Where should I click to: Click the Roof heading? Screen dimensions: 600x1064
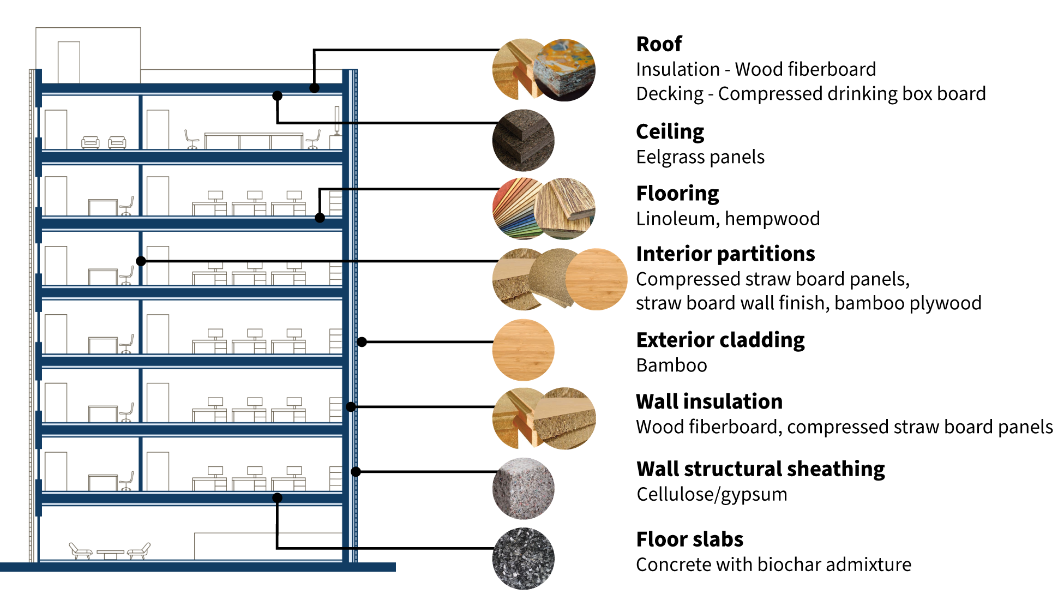coord(659,44)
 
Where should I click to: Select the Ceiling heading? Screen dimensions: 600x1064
coord(670,132)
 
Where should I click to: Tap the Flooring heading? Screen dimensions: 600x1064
coord(677,194)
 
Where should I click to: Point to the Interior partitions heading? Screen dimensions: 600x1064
coord(725,254)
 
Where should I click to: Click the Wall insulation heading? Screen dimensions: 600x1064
coord(709,402)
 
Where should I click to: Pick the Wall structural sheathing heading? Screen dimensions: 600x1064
coord(760,469)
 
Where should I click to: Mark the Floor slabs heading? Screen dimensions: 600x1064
coord(689,539)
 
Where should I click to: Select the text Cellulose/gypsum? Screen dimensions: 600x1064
coord(712,494)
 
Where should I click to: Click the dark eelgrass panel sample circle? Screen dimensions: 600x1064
coord(523,141)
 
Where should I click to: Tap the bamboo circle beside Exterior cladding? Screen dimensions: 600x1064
coord(523,350)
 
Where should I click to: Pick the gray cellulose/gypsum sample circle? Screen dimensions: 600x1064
coord(523,488)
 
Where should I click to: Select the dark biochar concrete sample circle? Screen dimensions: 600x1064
coord(523,559)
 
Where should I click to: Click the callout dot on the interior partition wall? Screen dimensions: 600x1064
coord(141,261)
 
